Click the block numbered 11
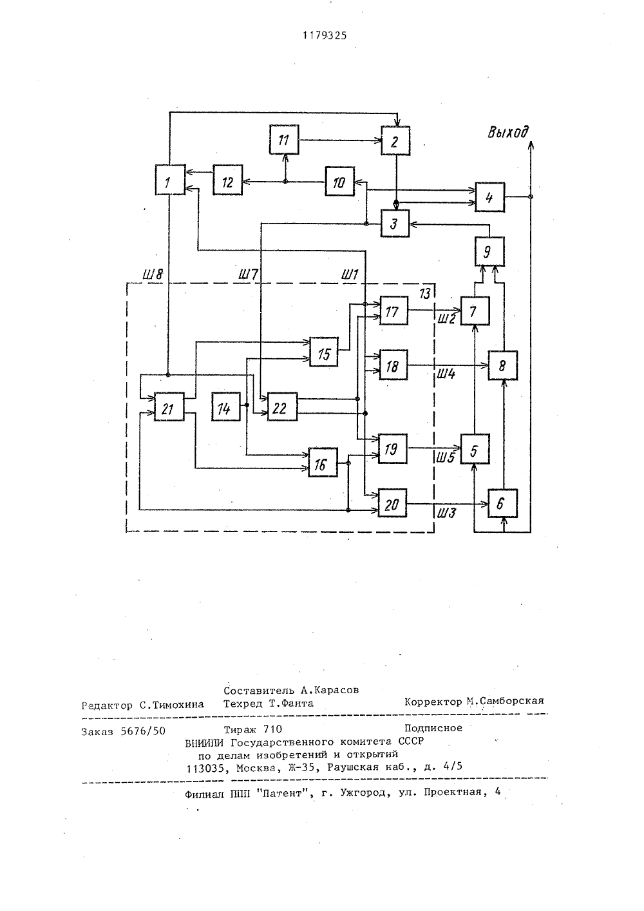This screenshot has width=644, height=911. (x=284, y=140)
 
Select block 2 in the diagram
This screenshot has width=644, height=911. (x=395, y=140)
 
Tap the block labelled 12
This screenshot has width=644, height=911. (x=228, y=180)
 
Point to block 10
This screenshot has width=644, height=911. (x=339, y=181)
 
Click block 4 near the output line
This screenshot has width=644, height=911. (x=490, y=197)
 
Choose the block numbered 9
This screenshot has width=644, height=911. (x=489, y=252)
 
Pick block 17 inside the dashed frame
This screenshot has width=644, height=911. (x=393, y=311)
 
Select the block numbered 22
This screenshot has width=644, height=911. (x=282, y=407)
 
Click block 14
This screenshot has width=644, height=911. (x=225, y=407)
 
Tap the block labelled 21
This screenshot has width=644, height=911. (x=169, y=407)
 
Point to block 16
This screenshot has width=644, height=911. (x=323, y=463)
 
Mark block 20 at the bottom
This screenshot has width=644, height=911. (x=392, y=503)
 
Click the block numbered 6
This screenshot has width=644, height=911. (x=502, y=503)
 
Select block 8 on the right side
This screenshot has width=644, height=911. (x=502, y=365)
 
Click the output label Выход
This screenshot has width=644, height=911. (x=508, y=132)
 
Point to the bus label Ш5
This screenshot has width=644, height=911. (x=446, y=458)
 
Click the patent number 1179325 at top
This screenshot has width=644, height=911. (x=325, y=36)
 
